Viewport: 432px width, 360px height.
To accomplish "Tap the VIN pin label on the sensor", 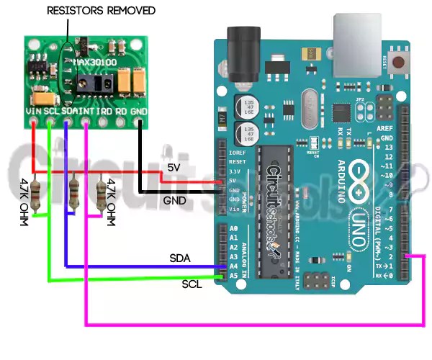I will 34,112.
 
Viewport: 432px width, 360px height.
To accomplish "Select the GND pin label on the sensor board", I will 139,112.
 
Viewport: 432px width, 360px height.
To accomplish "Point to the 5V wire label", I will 174,167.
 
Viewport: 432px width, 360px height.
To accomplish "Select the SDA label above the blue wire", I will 180,258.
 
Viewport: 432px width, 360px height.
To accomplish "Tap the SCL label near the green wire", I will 192,284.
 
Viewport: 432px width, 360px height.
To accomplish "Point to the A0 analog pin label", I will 233,228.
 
